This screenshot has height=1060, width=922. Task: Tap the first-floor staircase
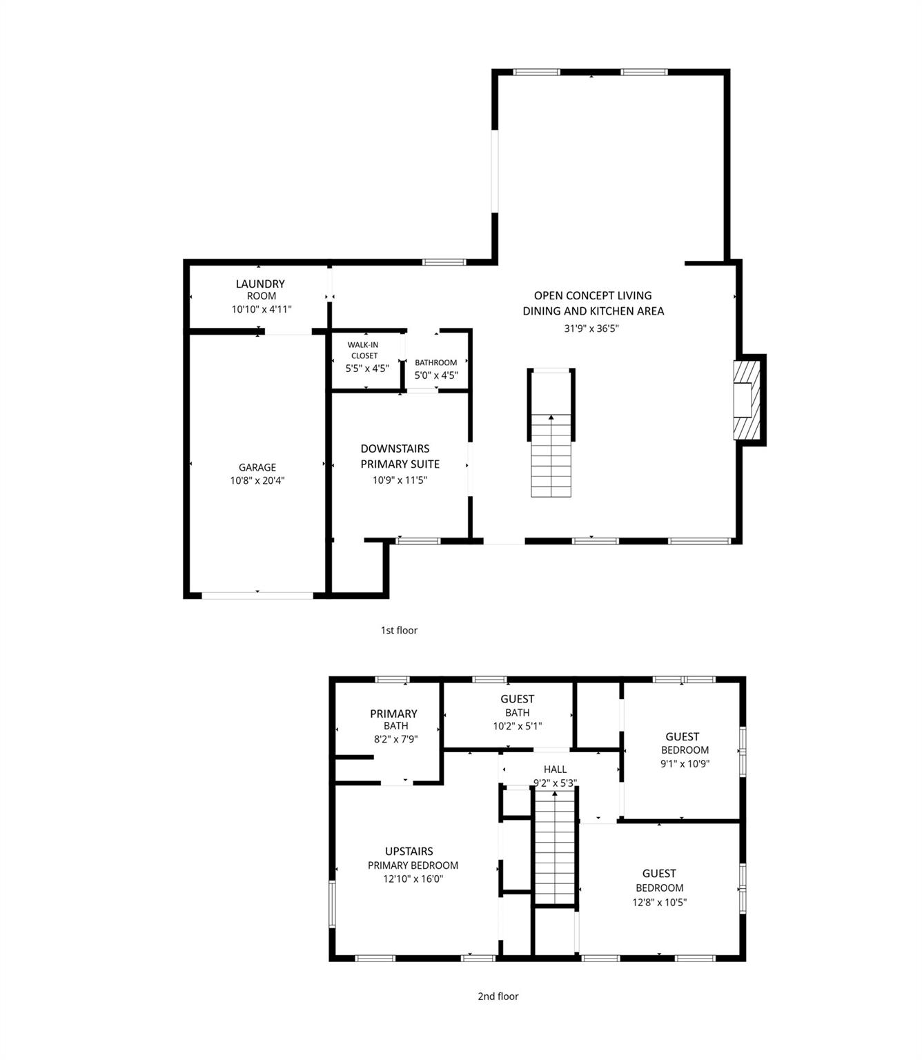click(551, 455)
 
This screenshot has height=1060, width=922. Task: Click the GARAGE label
click(257, 467)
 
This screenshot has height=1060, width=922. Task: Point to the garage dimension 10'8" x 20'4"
click(257, 481)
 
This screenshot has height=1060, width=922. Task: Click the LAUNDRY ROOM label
click(260, 289)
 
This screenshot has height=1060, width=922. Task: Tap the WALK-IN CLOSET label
click(363, 350)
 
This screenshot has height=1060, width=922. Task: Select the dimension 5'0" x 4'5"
click(436, 376)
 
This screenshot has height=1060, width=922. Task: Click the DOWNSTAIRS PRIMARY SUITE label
click(400, 456)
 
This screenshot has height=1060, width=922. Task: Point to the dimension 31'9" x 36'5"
click(591, 329)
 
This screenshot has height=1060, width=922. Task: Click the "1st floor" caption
click(399, 630)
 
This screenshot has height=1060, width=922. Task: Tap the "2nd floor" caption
click(498, 997)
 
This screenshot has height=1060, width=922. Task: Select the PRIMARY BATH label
click(394, 719)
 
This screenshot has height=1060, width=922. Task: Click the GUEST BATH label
click(517, 705)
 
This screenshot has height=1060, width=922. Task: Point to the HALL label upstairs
click(555, 769)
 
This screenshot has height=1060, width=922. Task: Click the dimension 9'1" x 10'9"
click(685, 764)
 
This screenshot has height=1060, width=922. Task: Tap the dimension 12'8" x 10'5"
click(660, 903)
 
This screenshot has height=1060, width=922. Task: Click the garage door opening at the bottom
click(257, 594)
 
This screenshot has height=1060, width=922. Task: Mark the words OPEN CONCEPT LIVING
click(593, 295)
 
